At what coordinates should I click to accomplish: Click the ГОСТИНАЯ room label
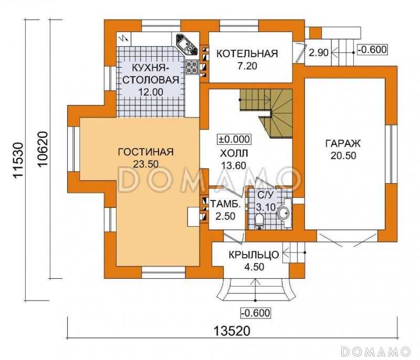coord(146,152)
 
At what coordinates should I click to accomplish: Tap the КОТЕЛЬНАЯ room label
coord(247,54)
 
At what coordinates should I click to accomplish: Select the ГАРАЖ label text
coord(343,143)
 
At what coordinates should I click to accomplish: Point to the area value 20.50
coord(343,155)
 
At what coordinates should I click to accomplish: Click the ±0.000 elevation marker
coord(234,139)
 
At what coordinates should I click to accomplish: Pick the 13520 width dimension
coord(232,331)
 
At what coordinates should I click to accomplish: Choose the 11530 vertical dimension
coord(19,160)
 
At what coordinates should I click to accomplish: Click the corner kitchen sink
coord(186,45)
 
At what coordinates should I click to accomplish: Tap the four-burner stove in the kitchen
coord(192,66)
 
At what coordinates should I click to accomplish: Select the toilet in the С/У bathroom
coord(259,221)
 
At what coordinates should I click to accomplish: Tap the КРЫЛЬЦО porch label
coord(254,255)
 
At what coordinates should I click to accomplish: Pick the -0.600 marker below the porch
coord(256,313)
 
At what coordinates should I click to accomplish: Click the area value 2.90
coord(319,52)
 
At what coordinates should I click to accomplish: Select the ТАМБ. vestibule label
coord(225,204)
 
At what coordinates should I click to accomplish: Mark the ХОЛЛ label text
coord(234,153)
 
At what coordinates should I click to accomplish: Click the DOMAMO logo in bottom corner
coord(375,352)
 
